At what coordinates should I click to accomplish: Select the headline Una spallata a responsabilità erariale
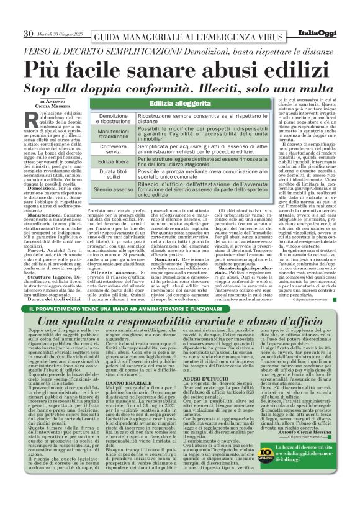(x=180, y=304)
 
